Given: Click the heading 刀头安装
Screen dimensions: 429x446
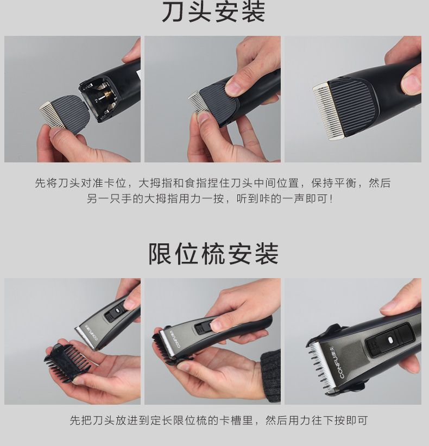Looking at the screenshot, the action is coord(213,12).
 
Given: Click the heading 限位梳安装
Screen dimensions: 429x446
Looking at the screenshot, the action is coord(213,254).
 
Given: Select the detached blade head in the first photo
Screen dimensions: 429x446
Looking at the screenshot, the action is coord(64,114).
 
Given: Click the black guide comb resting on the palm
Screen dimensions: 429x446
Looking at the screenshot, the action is coord(67,360).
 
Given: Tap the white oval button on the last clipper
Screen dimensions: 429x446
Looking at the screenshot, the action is coord(390,340).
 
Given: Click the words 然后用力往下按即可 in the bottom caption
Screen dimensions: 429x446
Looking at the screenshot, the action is coord(317,420).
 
